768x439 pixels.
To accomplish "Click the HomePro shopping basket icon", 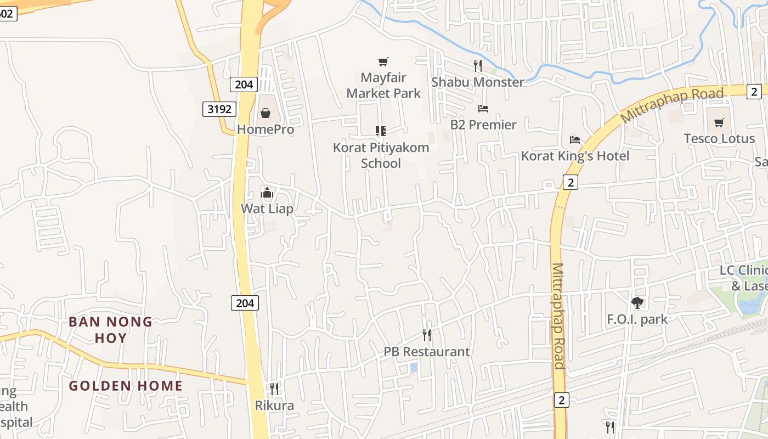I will (266, 113).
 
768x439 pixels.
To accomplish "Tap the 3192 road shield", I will (219, 109).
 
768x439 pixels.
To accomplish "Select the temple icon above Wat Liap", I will (267, 193).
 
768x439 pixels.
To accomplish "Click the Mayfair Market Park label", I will (383, 86).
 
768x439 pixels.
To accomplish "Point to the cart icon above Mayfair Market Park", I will (383, 62).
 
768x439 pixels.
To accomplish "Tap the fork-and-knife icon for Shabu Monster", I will (478, 66).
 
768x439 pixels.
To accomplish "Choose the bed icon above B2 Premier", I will (483, 109).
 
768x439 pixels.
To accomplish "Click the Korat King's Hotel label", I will (575, 156).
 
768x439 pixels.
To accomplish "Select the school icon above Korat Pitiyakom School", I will (381, 131).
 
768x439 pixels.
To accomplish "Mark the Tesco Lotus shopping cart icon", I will (719, 122).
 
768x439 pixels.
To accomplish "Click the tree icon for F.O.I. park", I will (637, 302).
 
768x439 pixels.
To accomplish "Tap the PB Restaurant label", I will (427, 352).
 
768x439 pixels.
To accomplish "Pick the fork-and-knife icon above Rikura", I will (274, 389).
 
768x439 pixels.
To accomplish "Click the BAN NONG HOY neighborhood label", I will (111, 330).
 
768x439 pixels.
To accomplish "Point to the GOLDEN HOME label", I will (126, 386).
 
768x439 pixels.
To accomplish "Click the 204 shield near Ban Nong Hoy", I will (244, 303).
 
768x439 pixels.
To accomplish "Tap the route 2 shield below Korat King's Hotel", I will (571, 182).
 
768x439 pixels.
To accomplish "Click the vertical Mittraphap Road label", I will (558, 316).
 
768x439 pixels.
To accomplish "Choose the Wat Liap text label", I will (267, 209).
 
